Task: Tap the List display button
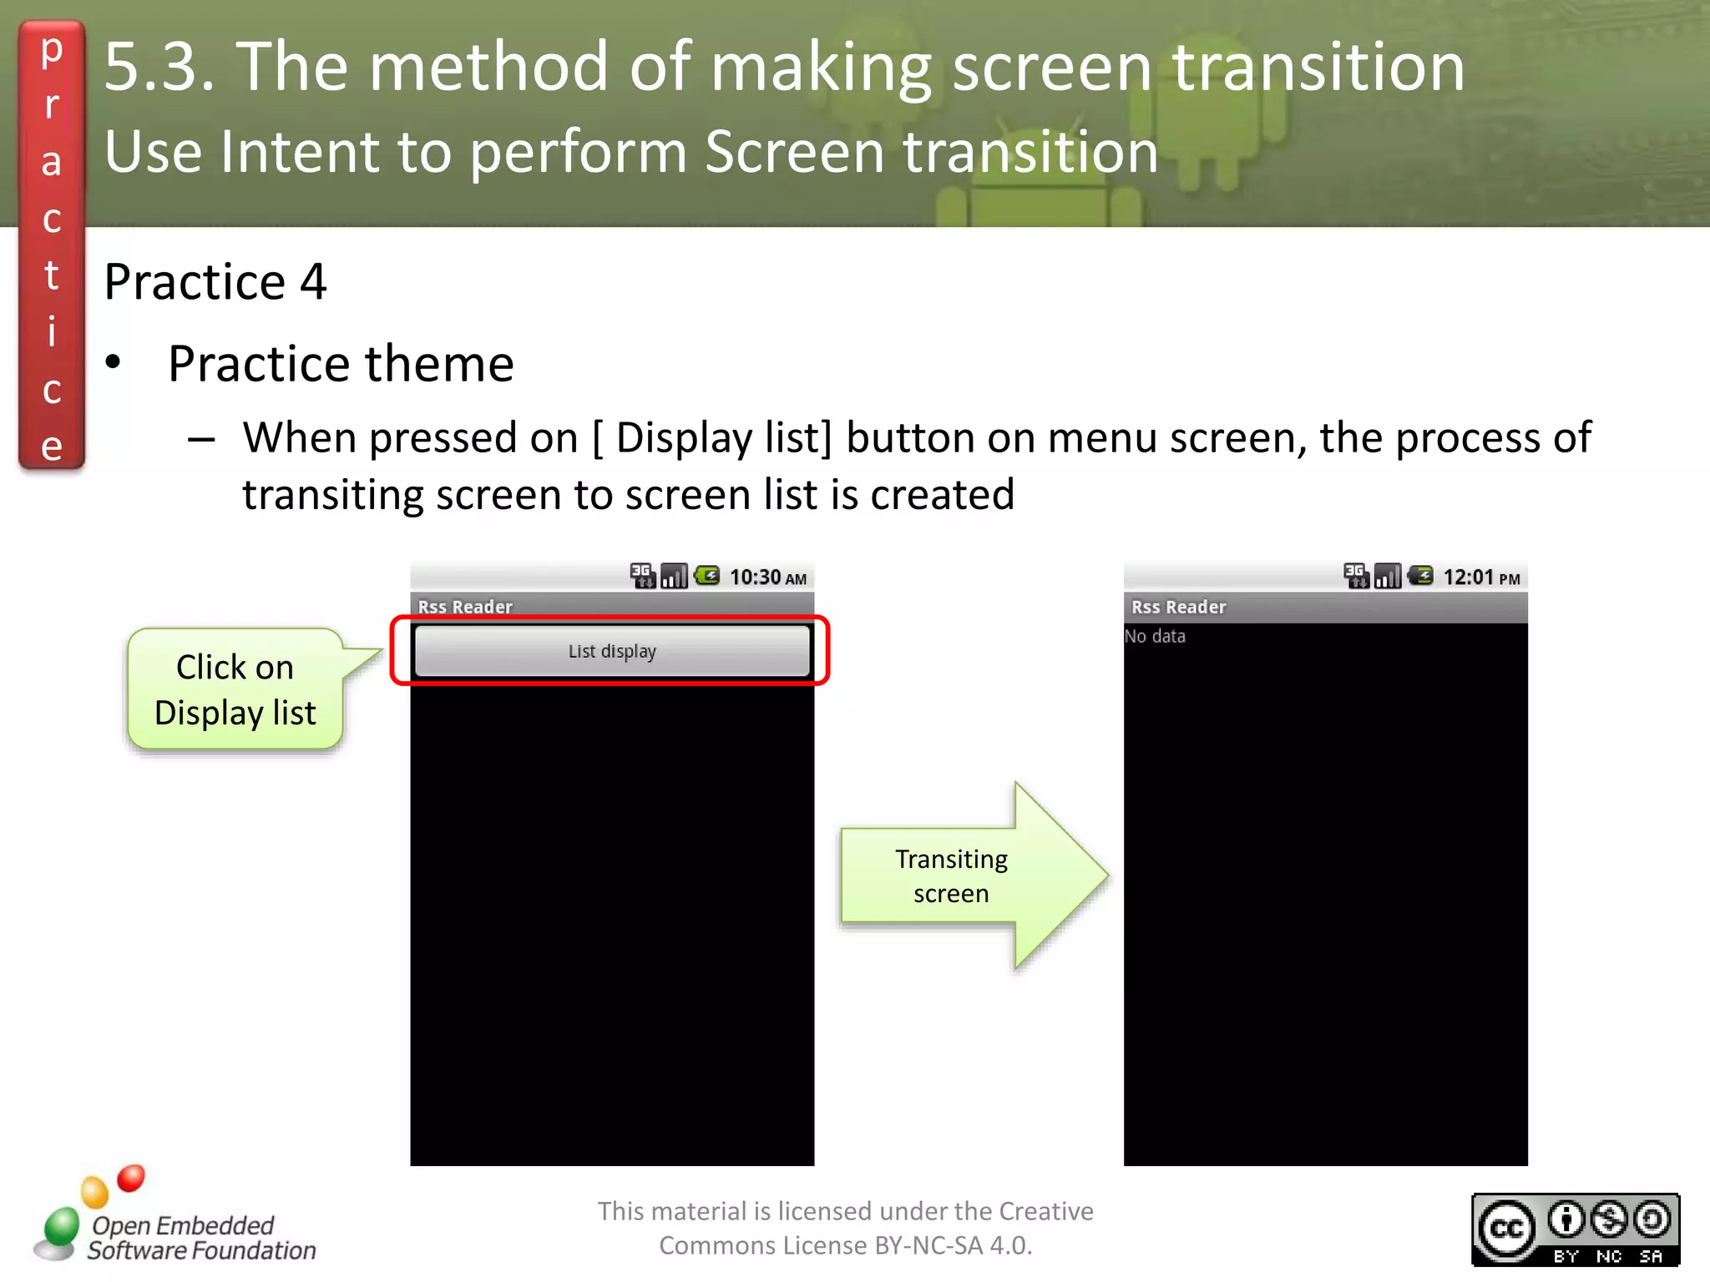tap(612, 651)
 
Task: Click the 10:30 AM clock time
tap(767, 578)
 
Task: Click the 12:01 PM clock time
tap(1481, 578)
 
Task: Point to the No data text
tap(1155, 636)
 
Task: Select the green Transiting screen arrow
tap(973, 876)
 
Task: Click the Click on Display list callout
tap(235, 689)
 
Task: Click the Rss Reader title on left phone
tap(465, 607)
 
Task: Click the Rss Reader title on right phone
tap(1178, 607)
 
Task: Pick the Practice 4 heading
tap(215, 281)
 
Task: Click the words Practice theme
tap(341, 364)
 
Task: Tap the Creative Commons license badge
tap(1575, 1229)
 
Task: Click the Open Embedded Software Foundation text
tap(200, 1238)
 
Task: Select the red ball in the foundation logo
tap(131, 1178)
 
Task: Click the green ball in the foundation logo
tap(61, 1227)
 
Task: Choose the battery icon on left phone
tap(707, 575)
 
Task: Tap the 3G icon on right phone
tap(1355, 575)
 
